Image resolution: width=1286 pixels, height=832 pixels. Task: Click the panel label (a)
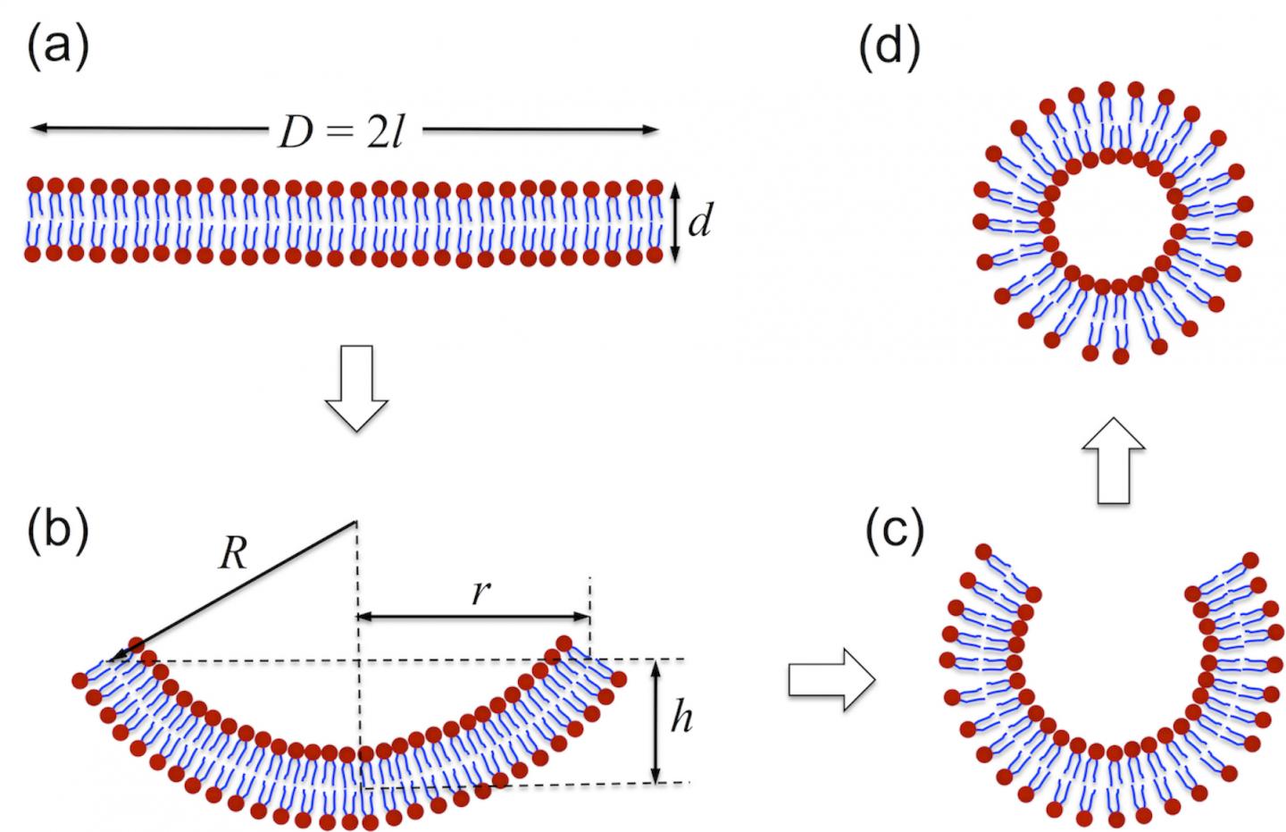58,46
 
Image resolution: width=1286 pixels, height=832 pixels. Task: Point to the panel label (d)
889,46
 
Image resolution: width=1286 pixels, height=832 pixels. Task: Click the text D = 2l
344,133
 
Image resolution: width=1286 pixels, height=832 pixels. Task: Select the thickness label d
699,223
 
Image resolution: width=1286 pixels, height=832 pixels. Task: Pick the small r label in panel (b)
481,592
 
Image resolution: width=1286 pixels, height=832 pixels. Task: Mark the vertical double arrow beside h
656,722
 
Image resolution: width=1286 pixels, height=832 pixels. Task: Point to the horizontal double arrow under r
473,617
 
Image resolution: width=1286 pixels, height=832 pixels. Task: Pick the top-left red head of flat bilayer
36,186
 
